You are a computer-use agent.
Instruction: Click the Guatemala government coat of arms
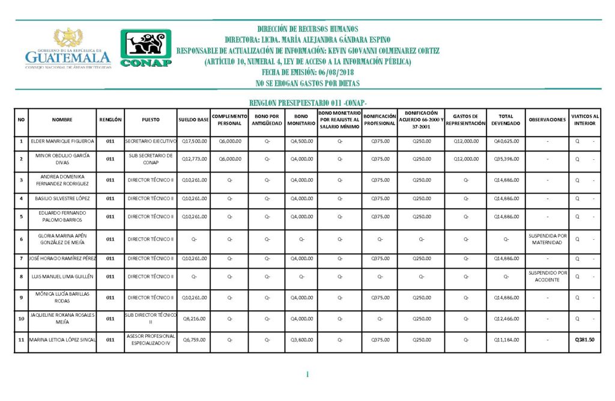(68, 38)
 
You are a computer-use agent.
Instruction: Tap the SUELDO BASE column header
(193, 120)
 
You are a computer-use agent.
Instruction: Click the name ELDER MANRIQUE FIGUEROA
(62, 141)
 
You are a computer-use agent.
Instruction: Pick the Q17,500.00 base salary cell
(193, 141)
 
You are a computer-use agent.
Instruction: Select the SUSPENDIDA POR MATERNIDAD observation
(547, 239)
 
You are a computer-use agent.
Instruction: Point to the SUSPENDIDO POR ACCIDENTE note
(547, 277)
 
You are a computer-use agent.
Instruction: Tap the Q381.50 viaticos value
(584, 340)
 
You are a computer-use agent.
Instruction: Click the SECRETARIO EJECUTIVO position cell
(150, 141)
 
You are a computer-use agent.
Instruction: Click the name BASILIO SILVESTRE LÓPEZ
(62, 198)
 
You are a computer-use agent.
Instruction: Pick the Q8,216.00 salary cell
(193, 319)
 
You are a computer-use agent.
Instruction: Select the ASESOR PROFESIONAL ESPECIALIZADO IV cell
(150, 340)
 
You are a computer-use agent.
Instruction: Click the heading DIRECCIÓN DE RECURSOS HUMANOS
(307, 29)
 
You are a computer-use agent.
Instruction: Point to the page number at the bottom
(307, 375)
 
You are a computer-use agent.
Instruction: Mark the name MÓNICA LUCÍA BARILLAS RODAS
(62, 298)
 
